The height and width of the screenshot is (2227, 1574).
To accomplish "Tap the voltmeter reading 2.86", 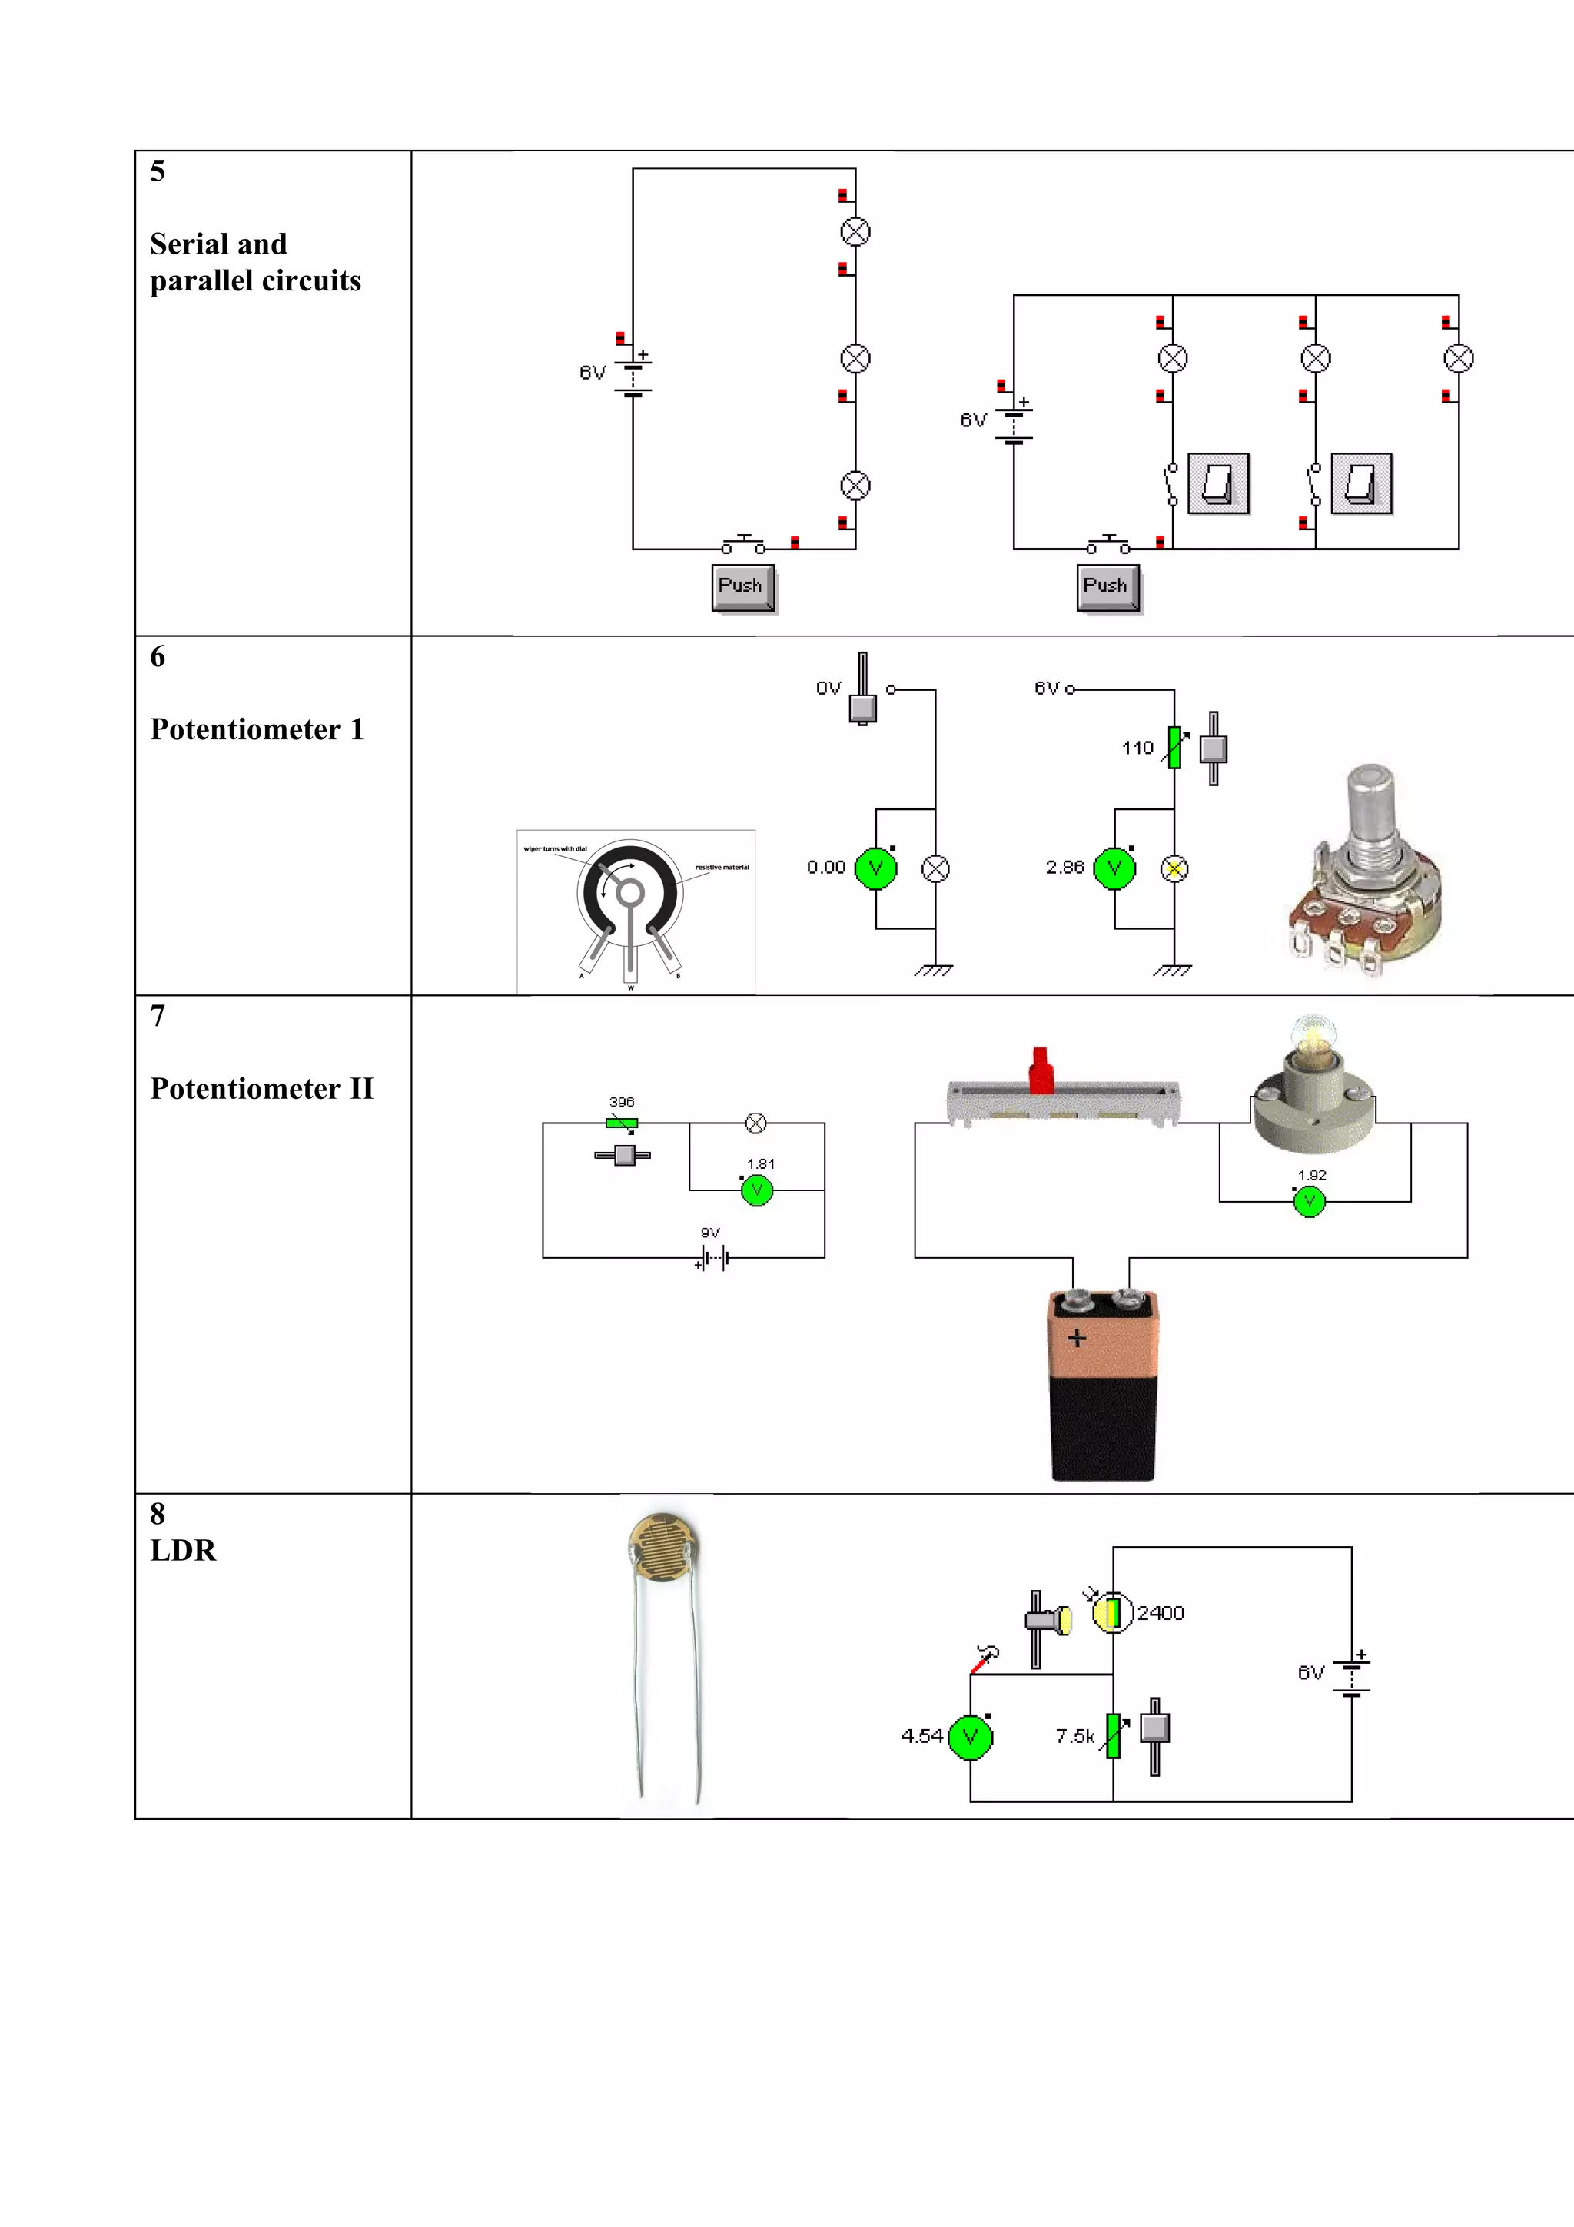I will click(x=1114, y=868).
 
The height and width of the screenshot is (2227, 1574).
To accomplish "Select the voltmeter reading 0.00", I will click(x=875, y=868).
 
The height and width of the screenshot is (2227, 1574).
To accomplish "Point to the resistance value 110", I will click(x=1137, y=748).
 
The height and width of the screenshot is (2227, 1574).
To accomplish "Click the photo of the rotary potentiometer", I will click(x=1366, y=873).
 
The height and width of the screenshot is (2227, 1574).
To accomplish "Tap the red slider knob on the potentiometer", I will click(x=1041, y=1070).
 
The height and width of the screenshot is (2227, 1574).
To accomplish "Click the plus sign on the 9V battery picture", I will click(x=1077, y=1339).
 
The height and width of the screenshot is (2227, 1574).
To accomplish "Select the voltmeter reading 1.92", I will click(x=1310, y=1203).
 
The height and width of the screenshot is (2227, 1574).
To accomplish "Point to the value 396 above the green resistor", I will click(x=622, y=1102).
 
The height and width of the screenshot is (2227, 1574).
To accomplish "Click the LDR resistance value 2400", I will click(x=1161, y=1613).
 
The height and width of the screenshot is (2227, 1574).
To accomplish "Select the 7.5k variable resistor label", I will click(x=1074, y=1736).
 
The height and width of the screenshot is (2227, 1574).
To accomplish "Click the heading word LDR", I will click(x=183, y=1551).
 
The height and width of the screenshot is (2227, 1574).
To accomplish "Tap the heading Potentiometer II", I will click(x=262, y=1089).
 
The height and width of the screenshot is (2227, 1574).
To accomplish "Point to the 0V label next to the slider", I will click(x=829, y=688).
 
